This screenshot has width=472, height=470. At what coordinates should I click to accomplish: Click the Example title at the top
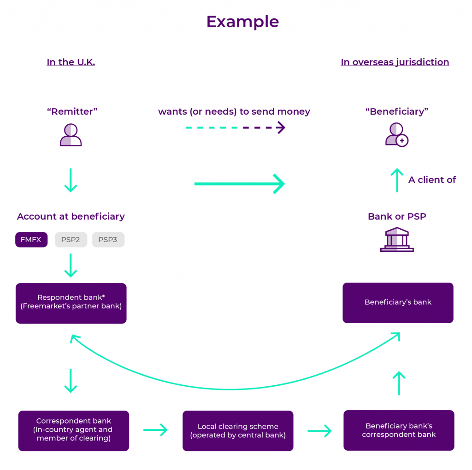click(242, 22)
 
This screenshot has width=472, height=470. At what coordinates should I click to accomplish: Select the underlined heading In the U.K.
click(71, 62)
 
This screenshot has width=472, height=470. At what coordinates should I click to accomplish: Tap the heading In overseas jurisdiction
click(395, 62)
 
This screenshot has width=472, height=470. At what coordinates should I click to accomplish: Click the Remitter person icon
click(71, 135)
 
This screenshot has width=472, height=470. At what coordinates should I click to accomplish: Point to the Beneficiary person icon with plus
click(396, 135)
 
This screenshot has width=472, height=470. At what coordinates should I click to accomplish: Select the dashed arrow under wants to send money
click(235, 128)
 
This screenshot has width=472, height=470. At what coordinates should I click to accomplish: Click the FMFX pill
click(31, 240)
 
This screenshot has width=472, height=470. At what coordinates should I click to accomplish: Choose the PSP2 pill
click(71, 240)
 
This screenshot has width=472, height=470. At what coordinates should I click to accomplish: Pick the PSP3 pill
click(108, 240)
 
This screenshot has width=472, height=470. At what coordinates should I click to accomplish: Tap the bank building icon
click(396, 239)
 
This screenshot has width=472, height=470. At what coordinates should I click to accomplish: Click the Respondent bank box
click(71, 303)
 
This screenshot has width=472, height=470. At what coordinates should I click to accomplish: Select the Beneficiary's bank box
click(398, 302)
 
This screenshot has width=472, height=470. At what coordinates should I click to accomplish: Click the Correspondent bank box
click(74, 430)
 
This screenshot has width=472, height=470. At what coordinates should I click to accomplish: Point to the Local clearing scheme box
click(238, 430)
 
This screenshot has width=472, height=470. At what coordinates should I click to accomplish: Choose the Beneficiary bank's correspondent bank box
click(399, 430)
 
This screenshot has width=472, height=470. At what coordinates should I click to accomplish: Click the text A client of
click(432, 180)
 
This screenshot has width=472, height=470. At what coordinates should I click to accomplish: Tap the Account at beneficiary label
click(71, 216)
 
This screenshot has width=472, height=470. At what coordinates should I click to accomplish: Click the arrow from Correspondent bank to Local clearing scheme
click(155, 430)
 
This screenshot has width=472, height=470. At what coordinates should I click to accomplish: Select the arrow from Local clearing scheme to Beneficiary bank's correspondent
click(319, 431)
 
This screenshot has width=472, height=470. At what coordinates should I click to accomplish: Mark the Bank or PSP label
click(397, 216)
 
